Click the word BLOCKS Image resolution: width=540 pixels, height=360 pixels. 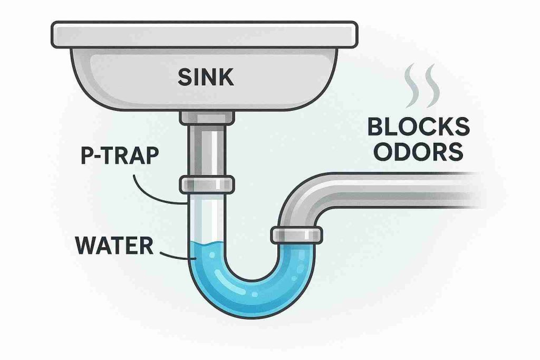[418, 128]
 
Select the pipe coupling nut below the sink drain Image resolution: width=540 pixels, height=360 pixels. [207, 184]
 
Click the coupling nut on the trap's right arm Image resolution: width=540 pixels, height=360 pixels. [297, 235]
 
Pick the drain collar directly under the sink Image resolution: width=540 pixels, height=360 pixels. [206, 118]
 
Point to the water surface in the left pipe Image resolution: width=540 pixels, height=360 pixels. [207, 244]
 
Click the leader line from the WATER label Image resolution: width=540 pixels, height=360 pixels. [178, 257]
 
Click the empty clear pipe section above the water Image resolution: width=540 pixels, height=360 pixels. [207, 216]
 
